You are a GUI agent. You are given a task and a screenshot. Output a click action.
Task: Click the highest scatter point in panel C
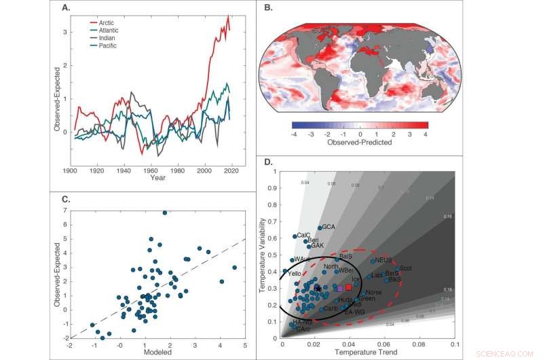click(164, 213)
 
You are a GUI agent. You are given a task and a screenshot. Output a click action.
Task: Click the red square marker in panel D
click(348, 287)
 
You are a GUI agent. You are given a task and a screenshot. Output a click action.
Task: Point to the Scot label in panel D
click(407, 268)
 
